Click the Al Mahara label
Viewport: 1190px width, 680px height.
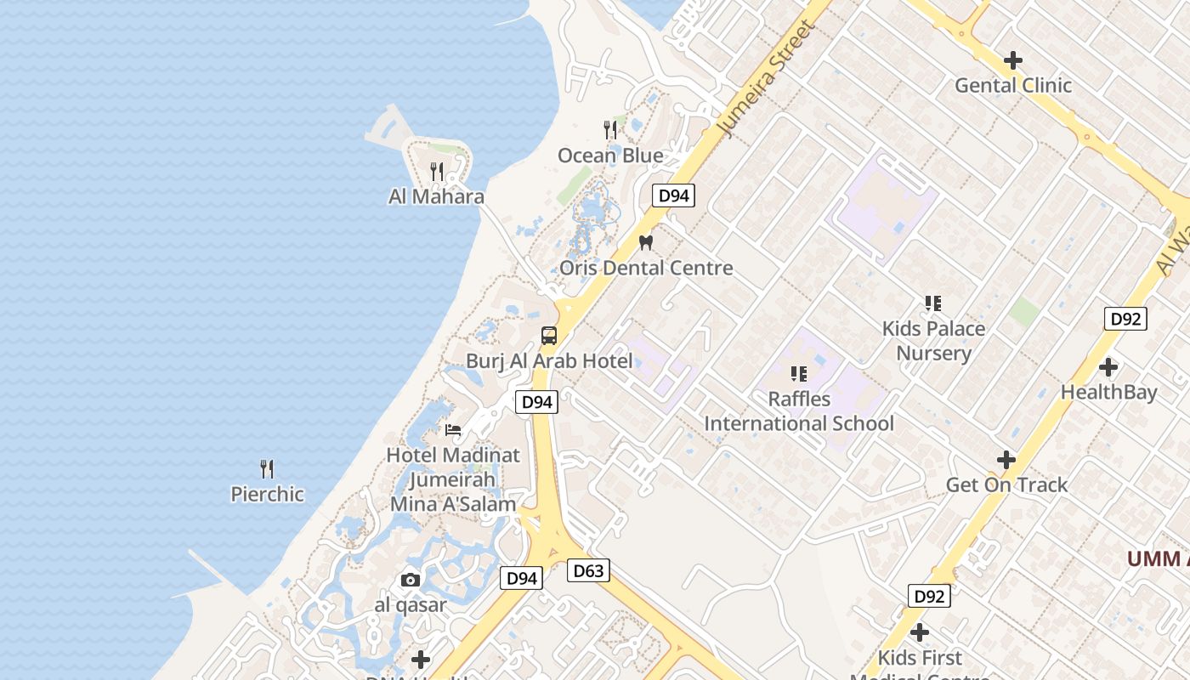(x=436, y=196)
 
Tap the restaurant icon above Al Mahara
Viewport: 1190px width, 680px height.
(x=437, y=172)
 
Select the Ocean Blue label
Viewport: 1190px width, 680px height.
(x=610, y=156)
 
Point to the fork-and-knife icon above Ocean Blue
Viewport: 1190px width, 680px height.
(x=610, y=130)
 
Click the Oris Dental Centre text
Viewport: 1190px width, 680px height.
(x=646, y=268)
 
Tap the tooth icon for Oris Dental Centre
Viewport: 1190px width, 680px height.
(x=645, y=242)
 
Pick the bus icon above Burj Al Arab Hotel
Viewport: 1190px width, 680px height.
(x=549, y=335)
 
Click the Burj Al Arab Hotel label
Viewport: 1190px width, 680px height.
(x=549, y=360)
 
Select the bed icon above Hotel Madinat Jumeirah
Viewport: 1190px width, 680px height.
(x=453, y=430)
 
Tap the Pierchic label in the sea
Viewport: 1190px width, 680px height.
(x=267, y=494)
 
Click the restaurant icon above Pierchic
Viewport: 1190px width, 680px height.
(x=267, y=468)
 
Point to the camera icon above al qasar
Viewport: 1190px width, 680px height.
(x=411, y=580)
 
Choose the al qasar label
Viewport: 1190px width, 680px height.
(x=411, y=605)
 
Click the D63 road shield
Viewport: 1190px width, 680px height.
(x=588, y=570)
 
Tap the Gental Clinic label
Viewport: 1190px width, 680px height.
(x=1013, y=85)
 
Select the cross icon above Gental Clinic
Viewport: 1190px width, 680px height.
(x=1013, y=60)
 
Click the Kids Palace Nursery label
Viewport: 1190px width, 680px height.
(x=933, y=341)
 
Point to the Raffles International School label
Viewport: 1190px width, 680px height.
(x=799, y=411)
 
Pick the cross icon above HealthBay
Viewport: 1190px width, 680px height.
(x=1108, y=367)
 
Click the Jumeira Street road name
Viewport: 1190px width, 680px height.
(x=768, y=78)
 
